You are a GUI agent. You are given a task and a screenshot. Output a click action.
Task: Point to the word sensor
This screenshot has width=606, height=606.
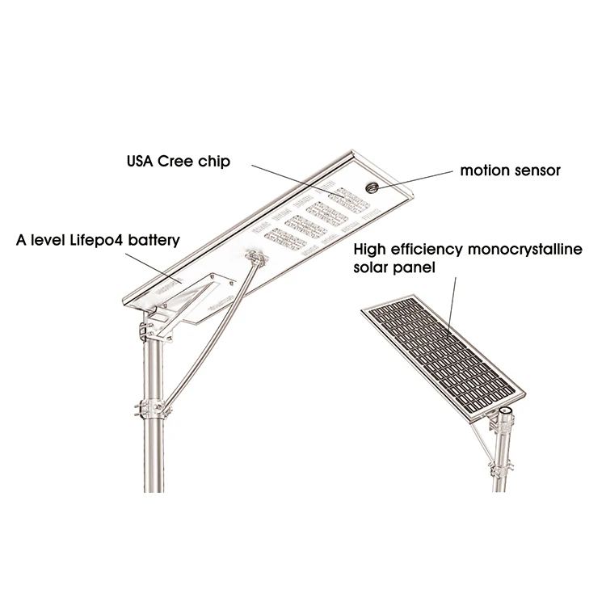click(536, 170)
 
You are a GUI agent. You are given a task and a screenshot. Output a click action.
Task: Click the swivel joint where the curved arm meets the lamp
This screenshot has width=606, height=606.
click(258, 260)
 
